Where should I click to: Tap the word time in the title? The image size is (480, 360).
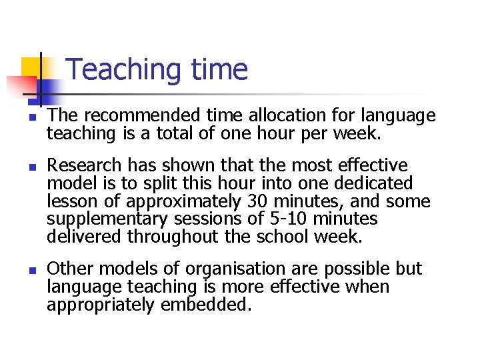click(219, 70)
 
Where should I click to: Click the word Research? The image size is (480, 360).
click(85, 165)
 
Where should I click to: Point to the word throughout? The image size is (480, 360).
click(179, 237)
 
